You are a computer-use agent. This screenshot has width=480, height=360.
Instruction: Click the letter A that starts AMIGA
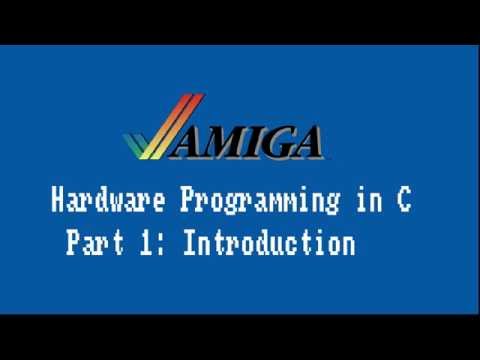(x=192, y=142)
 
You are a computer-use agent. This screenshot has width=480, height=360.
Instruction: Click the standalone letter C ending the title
(x=402, y=201)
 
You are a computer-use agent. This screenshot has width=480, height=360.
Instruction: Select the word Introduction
(x=269, y=243)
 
